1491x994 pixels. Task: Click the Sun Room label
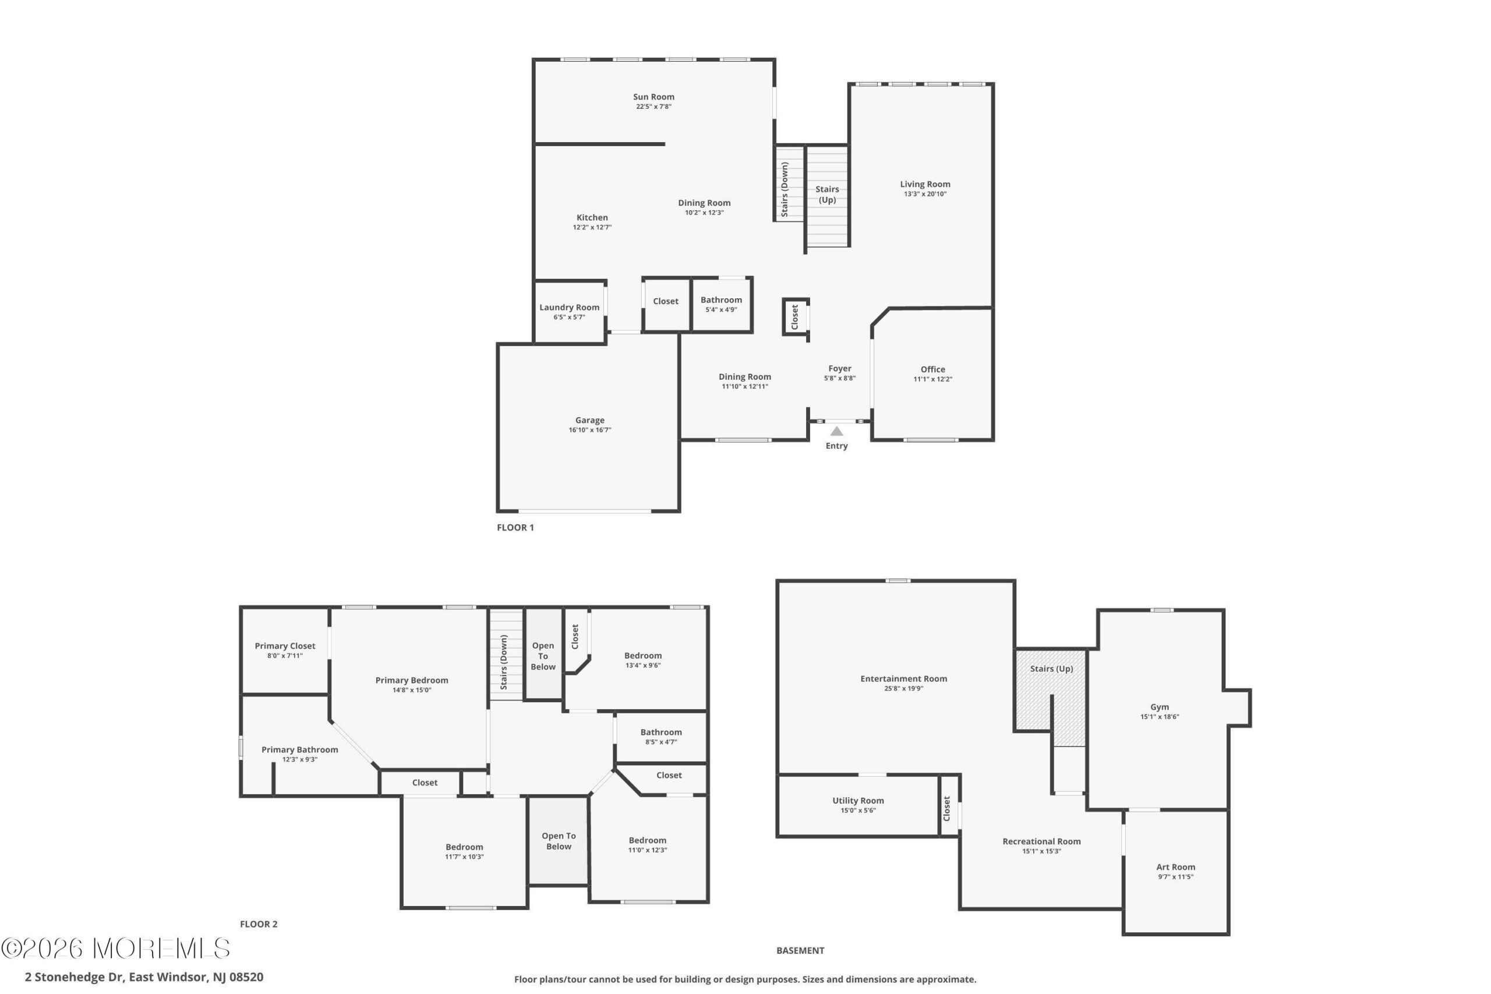[653, 97]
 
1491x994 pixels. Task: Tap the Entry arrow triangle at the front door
[837, 431]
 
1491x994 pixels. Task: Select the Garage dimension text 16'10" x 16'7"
[589, 430]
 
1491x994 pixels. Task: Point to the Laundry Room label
[569, 307]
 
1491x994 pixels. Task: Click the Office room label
[932, 370]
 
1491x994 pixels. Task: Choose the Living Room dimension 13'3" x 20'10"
[925, 194]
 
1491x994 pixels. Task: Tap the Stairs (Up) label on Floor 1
[827, 194]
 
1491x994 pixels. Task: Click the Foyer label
[839, 369]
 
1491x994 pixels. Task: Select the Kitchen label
[592, 217]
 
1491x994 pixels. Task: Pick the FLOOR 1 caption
[515, 528]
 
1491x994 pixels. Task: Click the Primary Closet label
[285, 646]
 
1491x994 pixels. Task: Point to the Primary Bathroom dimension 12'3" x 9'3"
[300, 759]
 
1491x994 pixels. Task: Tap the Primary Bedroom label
[411, 680]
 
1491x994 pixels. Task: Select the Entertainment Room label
[903, 678]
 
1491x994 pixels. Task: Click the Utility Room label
[858, 801]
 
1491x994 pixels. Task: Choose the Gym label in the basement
[1160, 707]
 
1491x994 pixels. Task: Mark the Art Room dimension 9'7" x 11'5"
[1175, 878]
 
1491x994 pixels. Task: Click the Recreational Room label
[1041, 841]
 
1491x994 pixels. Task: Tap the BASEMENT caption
[800, 950]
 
